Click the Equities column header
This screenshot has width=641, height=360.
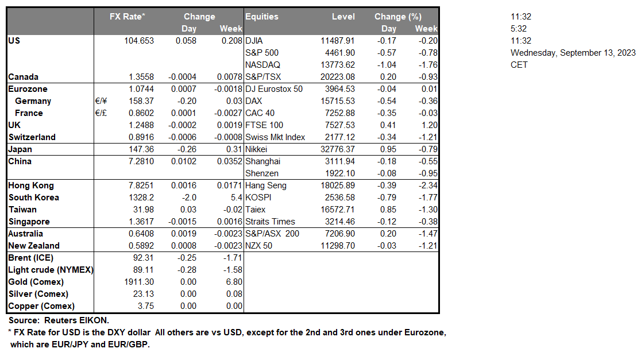click(x=262, y=17)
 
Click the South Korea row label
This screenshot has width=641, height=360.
click(x=33, y=198)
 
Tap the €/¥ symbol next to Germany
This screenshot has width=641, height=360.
click(x=102, y=101)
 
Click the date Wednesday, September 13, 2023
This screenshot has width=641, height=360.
click(x=573, y=53)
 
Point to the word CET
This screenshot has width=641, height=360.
click(x=519, y=65)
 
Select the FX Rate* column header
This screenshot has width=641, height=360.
click(x=128, y=17)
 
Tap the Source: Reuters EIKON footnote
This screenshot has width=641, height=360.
click(x=59, y=320)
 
